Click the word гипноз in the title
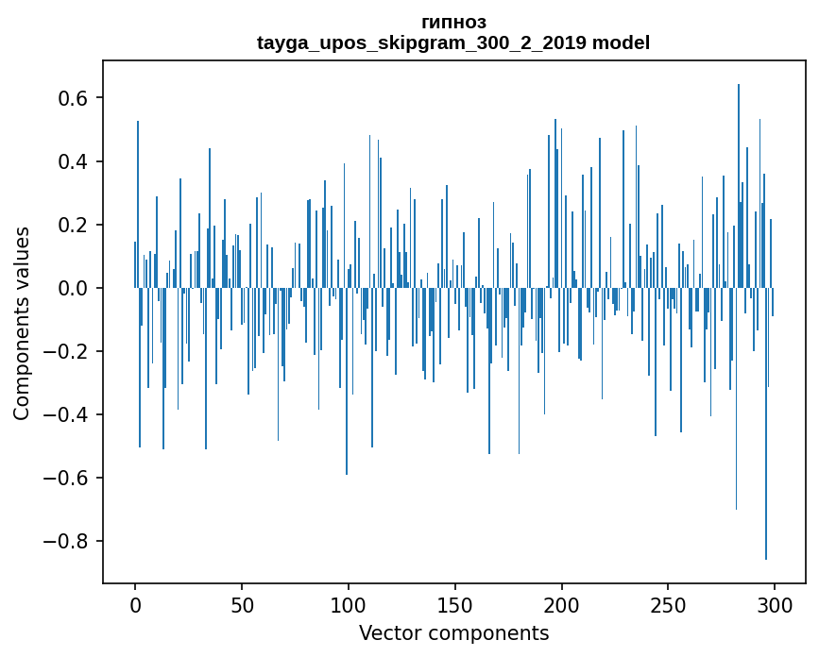(453, 22)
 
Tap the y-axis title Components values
(22, 323)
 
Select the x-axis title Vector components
(453, 632)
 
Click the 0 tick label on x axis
(135, 604)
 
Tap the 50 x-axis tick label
(242, 604)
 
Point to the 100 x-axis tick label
(349, 604)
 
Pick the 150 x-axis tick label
(455, 604)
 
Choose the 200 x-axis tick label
(562, 604)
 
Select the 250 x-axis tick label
(669, 604)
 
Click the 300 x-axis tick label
(775, 604)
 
